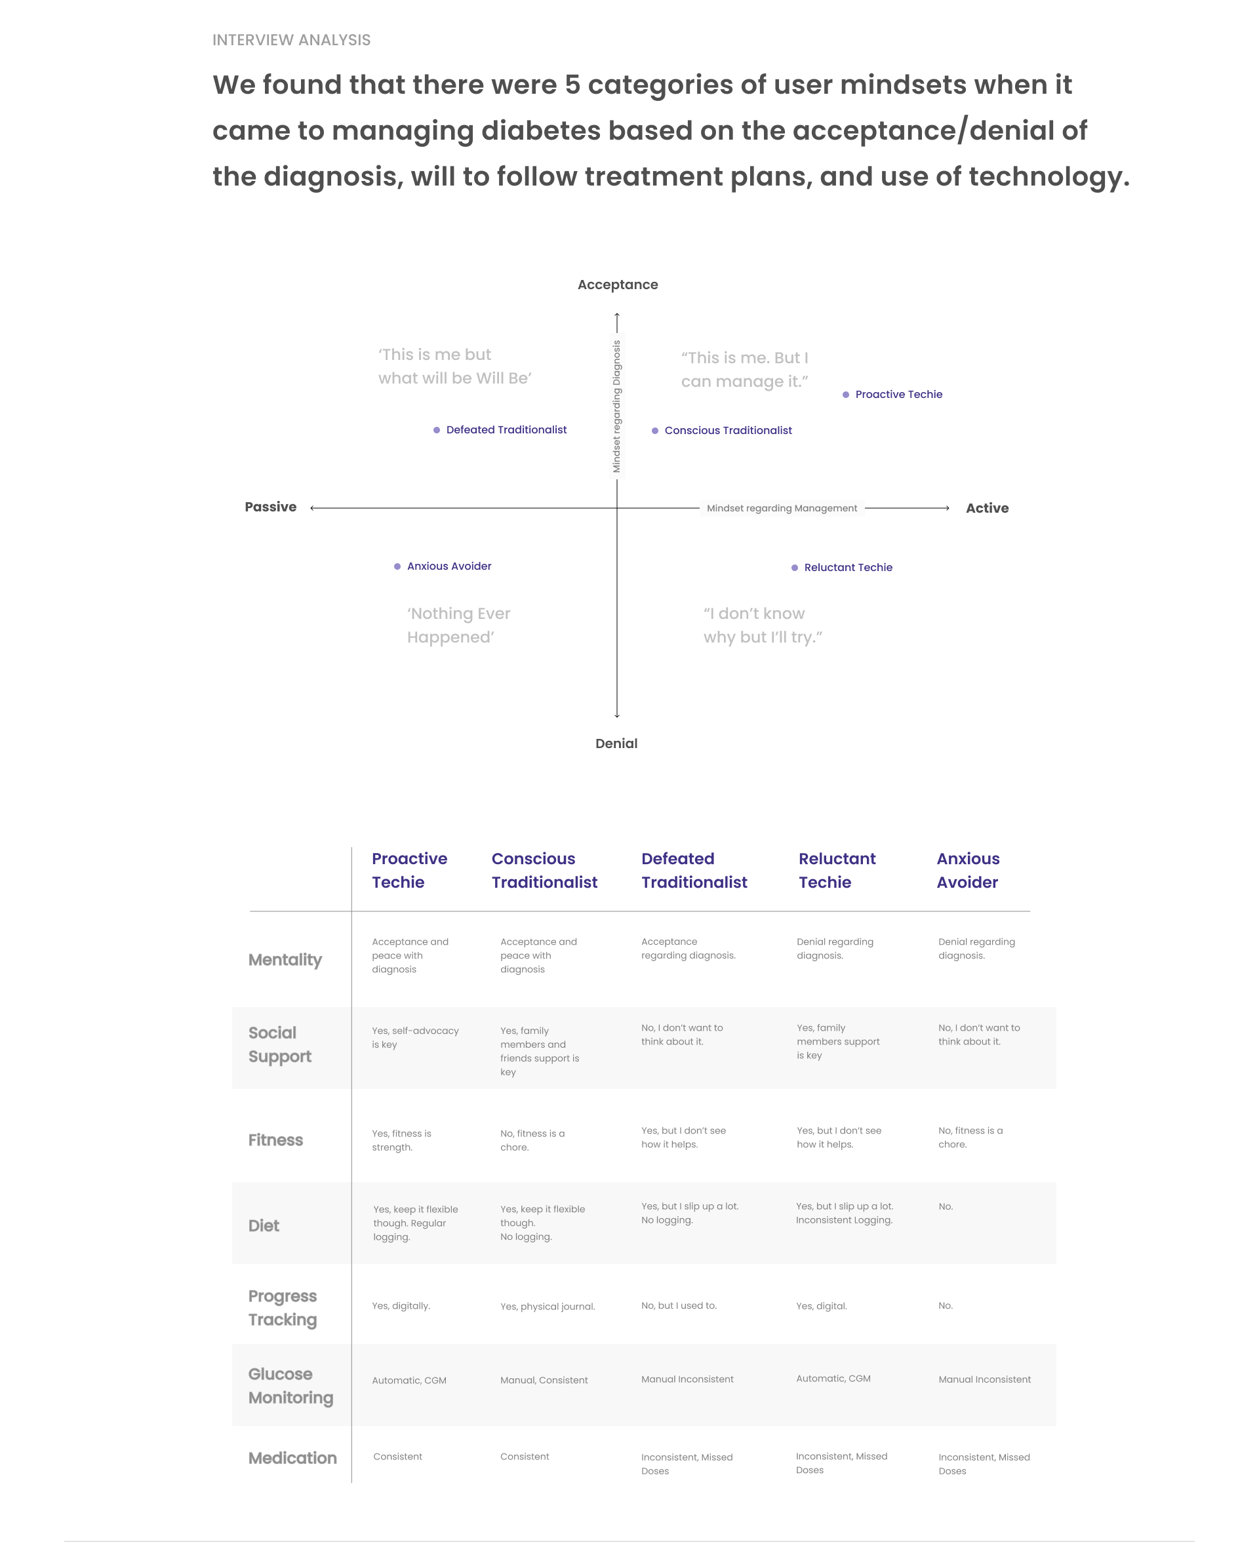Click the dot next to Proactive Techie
tap(845, 395)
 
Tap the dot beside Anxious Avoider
tap(397, 566)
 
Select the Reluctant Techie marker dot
tap(794, 568)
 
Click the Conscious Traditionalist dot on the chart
tap(655, 431)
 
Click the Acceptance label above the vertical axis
tap(617, 285)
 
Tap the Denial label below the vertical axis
tap(616, 743)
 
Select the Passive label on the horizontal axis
tap(270, 507)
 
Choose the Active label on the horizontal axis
tap(987, 508)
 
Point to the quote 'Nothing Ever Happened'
tap(458, 625)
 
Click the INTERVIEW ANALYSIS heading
tap(291, 40)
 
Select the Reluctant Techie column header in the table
tap(837, 870)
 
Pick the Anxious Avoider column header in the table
tap(968, 870)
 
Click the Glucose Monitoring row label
tap(290, 1386)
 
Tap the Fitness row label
tap(275, 1139)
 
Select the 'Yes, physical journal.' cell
tap(548, 1307)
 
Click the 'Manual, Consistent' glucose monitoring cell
tap(544, 1380)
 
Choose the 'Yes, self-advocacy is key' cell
tap(414, 1037)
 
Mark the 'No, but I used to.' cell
tap(679, 1306)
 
